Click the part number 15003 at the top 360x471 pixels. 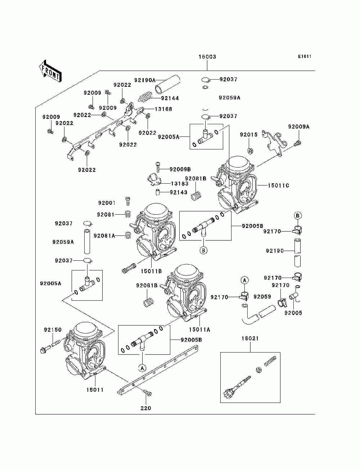click(x=207, y=57)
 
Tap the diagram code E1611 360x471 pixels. click(x=305, y=57)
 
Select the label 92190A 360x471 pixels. click(x=145, y=80)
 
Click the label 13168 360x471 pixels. click(x=163, y=109)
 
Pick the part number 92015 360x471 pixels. click(x=249, y=135)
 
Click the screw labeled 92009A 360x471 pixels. click(x=298, y=143)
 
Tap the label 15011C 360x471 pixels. click(x=278, y=185)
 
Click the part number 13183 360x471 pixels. click(x=180, y=183)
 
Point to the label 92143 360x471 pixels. click(x=179, y=192)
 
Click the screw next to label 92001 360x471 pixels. click(x=128, y=201)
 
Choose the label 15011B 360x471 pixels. click(x=151, y=271)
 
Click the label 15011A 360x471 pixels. click(x=199, y=329)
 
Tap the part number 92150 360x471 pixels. click(x=53, y=329)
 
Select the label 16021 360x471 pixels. click(x=250, y=338)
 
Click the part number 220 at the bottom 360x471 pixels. click(x=146, y=408)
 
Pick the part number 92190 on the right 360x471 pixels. click(x=275, y=251)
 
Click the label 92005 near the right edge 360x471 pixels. click(x=293, y=313)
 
